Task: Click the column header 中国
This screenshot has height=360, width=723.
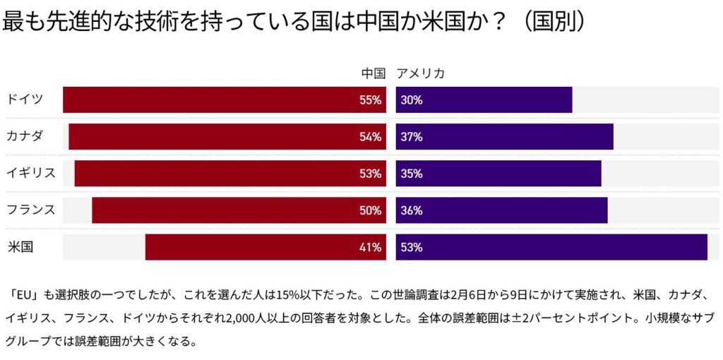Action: (373, 73)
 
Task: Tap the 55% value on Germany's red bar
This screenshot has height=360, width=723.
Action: (370, 100)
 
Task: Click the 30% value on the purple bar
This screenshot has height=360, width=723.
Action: (411, 100)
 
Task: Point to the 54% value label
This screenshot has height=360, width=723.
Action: (370, 137)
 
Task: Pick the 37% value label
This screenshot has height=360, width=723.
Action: (411, 137)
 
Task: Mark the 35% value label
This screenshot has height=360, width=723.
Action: (411, 174)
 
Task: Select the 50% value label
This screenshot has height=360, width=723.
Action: (370, 210)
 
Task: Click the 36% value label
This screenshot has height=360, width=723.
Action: (411, 210)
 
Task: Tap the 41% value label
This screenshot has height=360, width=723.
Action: (370, 247)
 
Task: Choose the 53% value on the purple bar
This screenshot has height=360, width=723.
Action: (411, 247)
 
